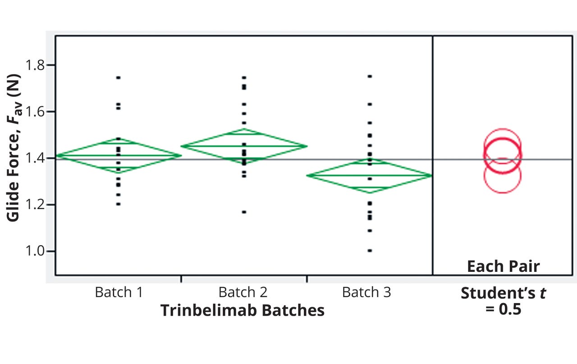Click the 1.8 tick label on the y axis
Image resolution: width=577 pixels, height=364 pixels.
coord(35,65)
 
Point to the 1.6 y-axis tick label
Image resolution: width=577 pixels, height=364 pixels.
coord(35,112)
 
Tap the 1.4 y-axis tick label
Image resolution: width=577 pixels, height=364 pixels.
coord(35,158)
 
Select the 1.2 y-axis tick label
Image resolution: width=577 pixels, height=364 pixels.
coord(35,205)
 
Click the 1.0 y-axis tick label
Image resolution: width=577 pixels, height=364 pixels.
coord(35,251)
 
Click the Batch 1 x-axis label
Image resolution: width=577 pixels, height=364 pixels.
coord(119,292)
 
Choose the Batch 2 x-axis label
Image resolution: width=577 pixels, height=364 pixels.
coord(243,292)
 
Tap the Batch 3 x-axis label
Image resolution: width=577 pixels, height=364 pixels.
coord(366,292)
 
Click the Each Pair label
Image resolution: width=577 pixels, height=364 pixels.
coord(503,266)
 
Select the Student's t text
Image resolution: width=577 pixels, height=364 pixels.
coord(503,293)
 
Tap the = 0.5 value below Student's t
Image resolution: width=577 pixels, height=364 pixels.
coord(503,310)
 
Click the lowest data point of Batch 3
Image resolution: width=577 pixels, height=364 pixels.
coord(370,251)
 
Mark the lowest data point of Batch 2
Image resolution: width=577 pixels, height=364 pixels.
coord(244,212)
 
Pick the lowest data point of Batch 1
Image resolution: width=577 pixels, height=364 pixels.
coord(118,204)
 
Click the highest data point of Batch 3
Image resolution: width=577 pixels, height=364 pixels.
coord(370,76)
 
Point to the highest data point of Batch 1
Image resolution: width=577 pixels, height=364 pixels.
coord(118,78)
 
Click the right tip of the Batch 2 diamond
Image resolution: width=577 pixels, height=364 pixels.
coord(307,146)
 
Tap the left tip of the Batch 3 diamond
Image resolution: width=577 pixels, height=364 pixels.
coord(307,175)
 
